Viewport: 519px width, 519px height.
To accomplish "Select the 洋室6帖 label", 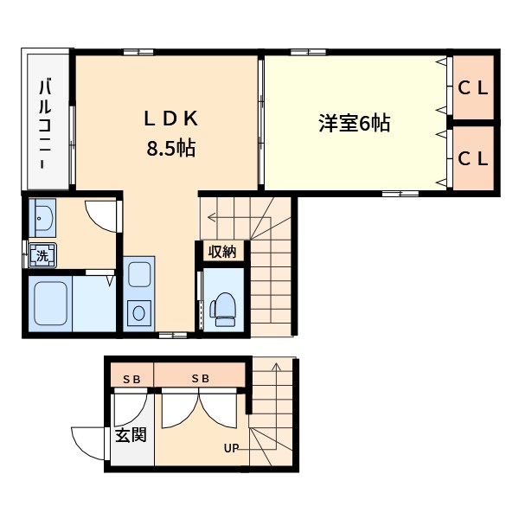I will (x=354, y=124).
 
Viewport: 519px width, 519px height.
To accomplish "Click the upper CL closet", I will (x=473, y=86).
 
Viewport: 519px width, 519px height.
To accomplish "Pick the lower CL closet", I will (x=473, y=158).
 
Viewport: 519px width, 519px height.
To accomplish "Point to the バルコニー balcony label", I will (x=44, y=123).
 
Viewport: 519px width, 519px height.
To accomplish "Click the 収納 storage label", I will (x=222, y=252).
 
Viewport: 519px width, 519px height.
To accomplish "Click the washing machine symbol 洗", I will (x=40, y=255).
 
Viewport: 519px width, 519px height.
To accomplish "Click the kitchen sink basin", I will (x=138, y=278).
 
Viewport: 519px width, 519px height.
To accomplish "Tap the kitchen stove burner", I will (x=138, y=312).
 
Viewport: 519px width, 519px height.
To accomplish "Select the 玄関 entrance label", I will (x=131, y=434).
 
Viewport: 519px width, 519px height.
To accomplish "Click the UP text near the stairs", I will (x=231, y=448).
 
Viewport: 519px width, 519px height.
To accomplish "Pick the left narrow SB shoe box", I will (x=131, y=378).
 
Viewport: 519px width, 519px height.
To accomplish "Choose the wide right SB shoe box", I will (x=200, y=378).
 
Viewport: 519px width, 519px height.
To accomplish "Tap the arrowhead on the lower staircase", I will (x=275, y=367).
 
